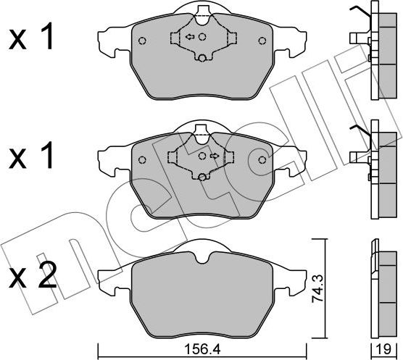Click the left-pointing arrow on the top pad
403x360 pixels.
[x=188, y=37]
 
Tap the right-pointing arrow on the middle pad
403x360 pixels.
[x=215, y=155]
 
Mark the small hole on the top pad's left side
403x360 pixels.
[x=142, y=41]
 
